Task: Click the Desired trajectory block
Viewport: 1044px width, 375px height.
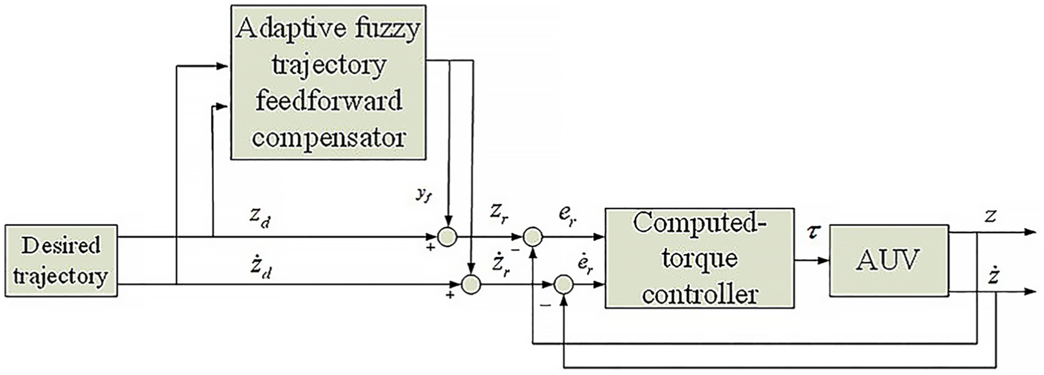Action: click(61, 260)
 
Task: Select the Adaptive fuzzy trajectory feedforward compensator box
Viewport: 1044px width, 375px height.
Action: click(328, 83)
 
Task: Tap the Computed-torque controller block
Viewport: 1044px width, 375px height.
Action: click(699, 258)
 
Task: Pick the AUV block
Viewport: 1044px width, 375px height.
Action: click(889, 260)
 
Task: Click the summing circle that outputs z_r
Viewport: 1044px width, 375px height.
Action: click(448, 237)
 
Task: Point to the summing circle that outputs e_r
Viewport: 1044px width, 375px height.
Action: click(533, 237)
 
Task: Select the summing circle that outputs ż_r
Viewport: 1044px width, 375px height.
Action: click(471, 284)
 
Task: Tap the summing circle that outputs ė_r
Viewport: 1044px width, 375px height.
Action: click(564, 284)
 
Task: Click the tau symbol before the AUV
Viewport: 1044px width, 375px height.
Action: click(812, 232)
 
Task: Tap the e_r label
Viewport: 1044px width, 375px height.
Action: click(567, 216)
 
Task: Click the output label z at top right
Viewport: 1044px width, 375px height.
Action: click(991, 216)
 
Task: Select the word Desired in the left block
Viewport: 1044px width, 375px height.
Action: click(61, 246)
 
